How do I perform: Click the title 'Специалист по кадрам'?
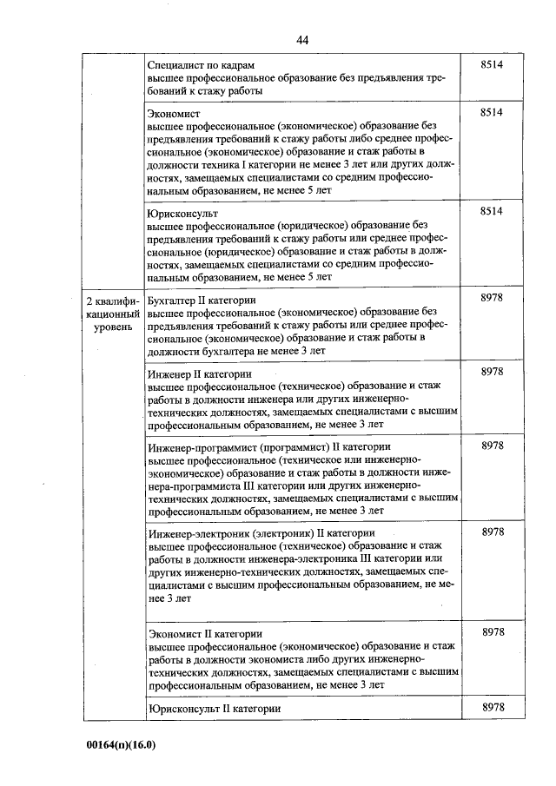(x=201, y=65)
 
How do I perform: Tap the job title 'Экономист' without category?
(x=175, y=114)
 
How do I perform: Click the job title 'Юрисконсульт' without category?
(x=183, y=213)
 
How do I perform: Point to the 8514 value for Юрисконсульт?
(x=493, y=212)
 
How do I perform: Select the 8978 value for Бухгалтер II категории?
(x=493, y=299)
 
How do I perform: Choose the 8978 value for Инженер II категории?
(x=493, y=373)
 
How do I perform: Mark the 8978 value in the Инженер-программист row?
(x=493, y=446)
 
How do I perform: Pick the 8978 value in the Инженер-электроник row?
(x=493, y=532)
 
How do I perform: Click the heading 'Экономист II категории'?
(x=205, y=634)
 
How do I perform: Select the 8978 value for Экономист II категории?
(x=493, y=632)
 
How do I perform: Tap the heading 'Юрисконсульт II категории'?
(x=215, y=709)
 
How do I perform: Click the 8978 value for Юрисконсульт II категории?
(x=493, y=708)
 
